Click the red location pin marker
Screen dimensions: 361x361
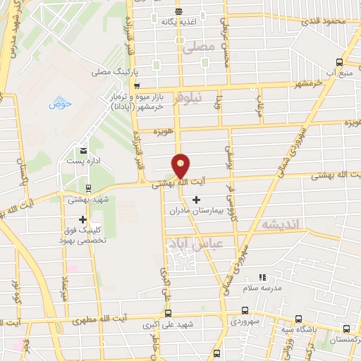point(181,166)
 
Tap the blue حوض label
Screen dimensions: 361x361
point(61,104)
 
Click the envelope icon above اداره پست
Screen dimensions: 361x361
point(85,151)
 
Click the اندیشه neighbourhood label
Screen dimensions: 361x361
point(281,224)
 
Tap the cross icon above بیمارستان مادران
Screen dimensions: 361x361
point(196,200)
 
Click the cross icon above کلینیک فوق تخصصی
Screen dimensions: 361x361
point(83,219)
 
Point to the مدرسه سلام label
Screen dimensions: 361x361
point(262,288)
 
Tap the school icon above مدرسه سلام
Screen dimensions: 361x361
point(262,278)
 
